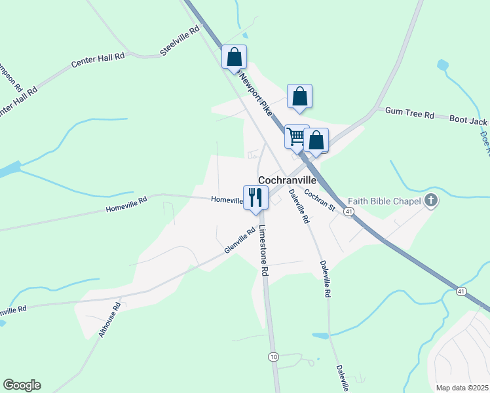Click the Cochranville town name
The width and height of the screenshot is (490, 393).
coord(287,179)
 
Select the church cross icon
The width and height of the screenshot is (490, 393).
coord(430,200)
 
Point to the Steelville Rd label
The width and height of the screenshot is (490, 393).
coord(179,41)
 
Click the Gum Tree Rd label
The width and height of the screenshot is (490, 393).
coord(409,114)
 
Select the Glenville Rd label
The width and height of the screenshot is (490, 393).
coord(239,240)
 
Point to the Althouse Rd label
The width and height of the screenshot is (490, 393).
coord(109,320)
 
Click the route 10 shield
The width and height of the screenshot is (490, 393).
coord(273,356)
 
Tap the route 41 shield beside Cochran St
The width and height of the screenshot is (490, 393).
coord(349,212)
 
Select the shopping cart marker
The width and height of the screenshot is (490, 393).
coord(296,137)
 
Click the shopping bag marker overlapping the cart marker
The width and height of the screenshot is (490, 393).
coord(316,140)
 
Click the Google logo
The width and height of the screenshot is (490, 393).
coord(22,385)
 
